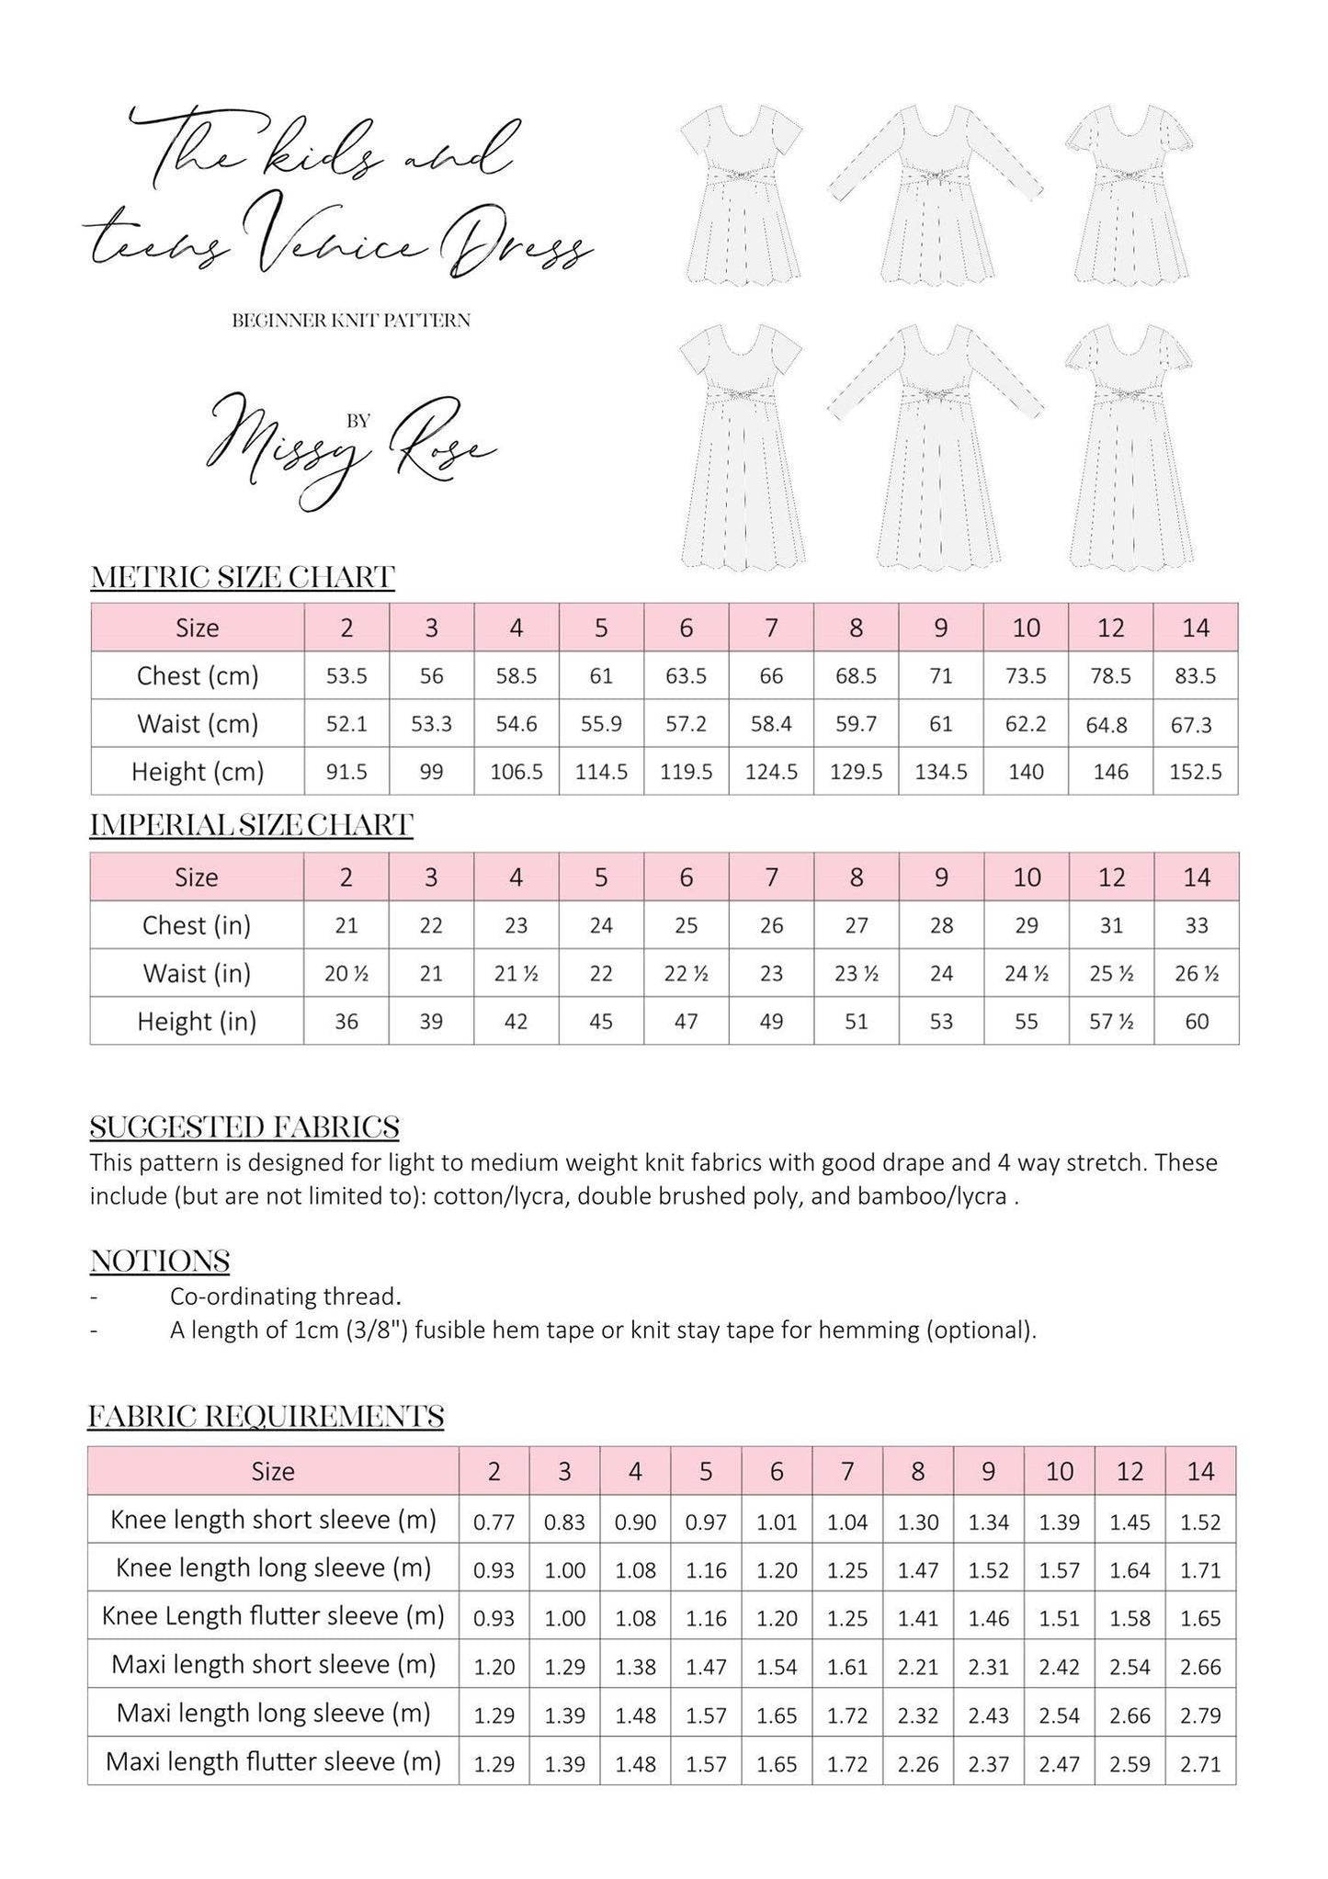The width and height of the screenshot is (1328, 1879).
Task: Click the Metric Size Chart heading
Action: click(243, 578)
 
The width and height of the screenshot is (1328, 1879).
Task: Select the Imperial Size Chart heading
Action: click(251, 825)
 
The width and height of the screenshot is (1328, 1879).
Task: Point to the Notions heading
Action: click(160, 1261)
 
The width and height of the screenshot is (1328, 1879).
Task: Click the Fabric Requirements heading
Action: click(266, 1417)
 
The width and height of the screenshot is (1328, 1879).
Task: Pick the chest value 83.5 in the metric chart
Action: click(1195, 676)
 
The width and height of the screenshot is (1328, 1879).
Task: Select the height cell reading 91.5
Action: click(346, 772)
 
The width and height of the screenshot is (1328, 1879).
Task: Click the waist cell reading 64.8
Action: click(1110, 725)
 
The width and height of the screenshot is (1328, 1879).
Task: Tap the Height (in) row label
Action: click(197, 1021)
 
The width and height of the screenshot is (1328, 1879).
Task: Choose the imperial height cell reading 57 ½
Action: click(1111, 1022)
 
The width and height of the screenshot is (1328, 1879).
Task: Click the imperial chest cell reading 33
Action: click(1196, 925)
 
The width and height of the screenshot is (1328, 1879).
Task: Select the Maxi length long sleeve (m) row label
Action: click(273, 1713)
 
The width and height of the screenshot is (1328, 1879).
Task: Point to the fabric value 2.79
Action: click(1200, 1714)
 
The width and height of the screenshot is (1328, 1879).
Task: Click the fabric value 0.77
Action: click(494, 1522)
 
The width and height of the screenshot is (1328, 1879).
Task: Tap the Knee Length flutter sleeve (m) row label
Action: click(273, 1616)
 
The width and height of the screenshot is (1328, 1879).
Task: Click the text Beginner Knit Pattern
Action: click(351, 321)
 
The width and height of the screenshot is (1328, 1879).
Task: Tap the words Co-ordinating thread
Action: click(286, 1296)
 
